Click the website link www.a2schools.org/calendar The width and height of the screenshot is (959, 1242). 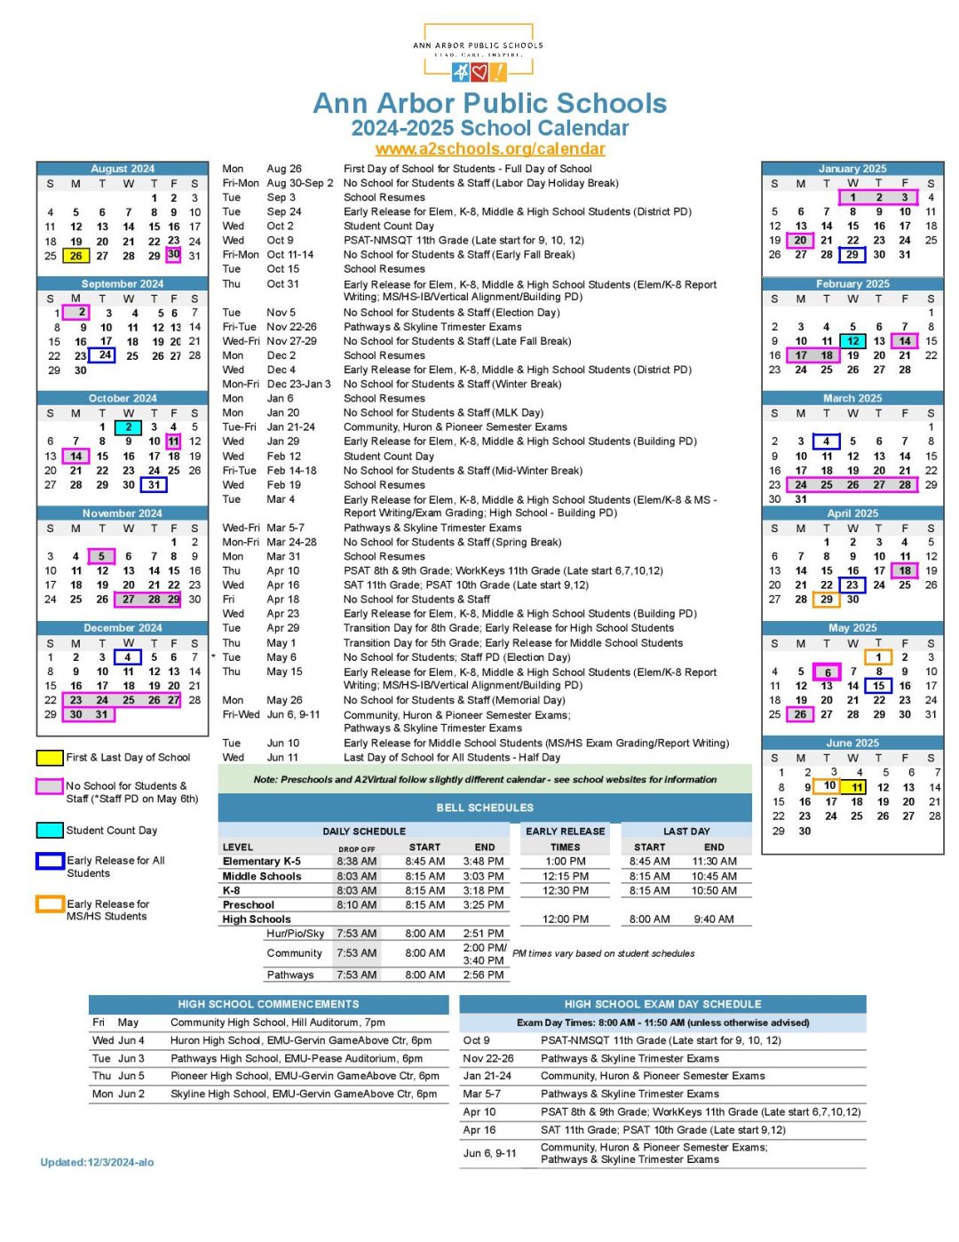tap(490, 149)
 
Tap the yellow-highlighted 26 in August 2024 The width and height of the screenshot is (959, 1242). tap(76, 256)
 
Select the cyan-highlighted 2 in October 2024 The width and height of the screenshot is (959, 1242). tap(129, 427)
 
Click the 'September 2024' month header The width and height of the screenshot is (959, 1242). tap(123, 283)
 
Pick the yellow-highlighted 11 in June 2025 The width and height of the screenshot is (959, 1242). tap(856, 787)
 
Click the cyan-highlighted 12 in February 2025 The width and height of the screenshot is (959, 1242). tap(852, 341)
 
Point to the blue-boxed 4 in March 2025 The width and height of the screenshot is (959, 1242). tap(827, 442)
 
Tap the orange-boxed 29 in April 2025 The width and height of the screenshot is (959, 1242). tap(827, 600)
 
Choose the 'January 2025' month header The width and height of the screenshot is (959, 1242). tap(852, 169)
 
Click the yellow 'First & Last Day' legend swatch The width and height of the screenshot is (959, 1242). tap(49, 758)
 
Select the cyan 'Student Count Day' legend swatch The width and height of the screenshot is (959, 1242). tap(49, 831)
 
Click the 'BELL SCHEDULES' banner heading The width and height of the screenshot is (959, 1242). tap(485, 808)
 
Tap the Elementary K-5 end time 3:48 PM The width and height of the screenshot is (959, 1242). tap(483, 861)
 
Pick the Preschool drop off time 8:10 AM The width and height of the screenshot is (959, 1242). tap(356, 904)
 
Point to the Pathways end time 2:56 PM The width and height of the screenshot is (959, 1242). tap(483, 975)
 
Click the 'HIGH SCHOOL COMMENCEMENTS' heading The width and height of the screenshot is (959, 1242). tap(268, 1004)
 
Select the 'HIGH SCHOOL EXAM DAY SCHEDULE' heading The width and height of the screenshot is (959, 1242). tap(662, 1004)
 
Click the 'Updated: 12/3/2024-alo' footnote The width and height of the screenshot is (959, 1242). tap(97, 1162)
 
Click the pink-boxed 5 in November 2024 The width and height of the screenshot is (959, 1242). tap(102, 557)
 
